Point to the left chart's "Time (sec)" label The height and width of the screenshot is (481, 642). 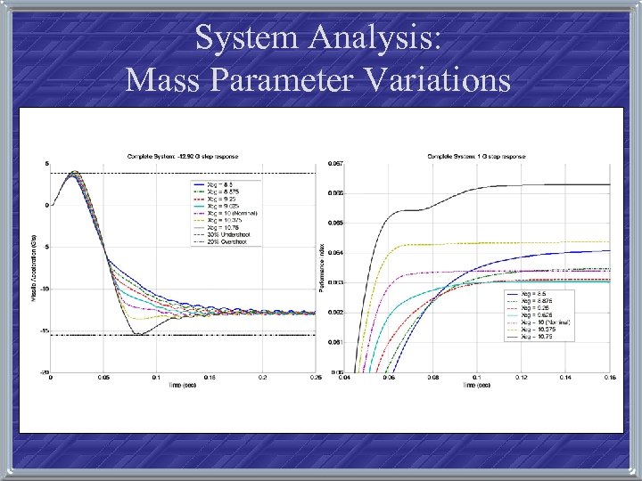point(183,386)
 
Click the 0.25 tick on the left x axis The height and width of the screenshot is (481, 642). point(315,379)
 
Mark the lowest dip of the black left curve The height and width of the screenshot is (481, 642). point(137,335)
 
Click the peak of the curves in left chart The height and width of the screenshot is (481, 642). point(75,171)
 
